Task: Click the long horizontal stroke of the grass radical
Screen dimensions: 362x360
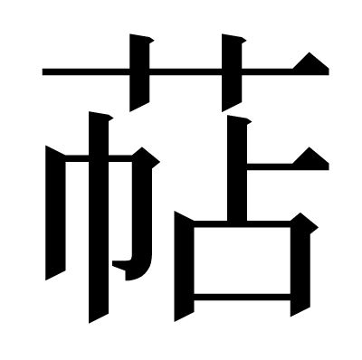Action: tap(186, 71)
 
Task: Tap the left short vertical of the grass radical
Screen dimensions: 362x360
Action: tap(139, 72)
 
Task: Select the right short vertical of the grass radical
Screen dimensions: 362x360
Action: tap(232, 72)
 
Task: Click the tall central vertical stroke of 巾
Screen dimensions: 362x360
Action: tap(99, 217)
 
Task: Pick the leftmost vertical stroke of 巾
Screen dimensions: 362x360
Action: tap(55, 213)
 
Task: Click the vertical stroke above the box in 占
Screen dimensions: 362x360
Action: tap(237, 169)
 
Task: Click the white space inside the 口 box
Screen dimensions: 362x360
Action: tap(242, 261)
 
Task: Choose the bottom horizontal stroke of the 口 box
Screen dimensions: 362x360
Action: tap(242, 297)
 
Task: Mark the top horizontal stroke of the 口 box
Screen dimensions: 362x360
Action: tap(242, 224)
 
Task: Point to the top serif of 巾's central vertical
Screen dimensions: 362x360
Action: tap(101, 116)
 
